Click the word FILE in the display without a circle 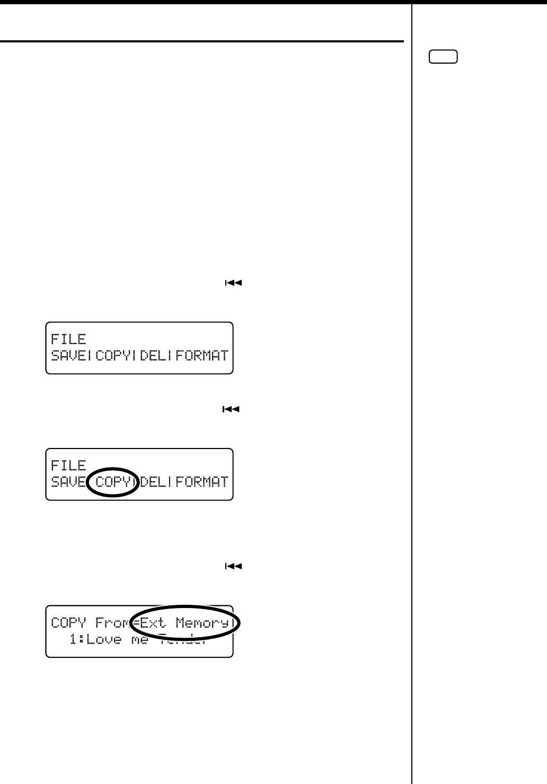coord(68,339)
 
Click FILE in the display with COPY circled coord(68,465)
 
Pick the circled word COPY coord(113,481)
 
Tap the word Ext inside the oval coord(153,622)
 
